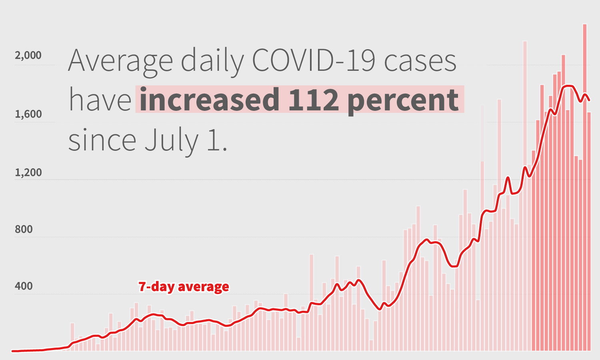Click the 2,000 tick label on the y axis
tap(28, 55)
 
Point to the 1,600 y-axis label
tap(28, 114)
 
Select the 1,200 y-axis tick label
tap(28, 172)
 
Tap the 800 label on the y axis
tap(24, 229)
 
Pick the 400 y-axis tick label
tap(24, 286)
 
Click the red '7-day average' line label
tap(184, 286)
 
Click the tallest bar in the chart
tap(584, 188)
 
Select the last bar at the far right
tap(589, 232)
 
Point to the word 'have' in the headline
tap(100, 100)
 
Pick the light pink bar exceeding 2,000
tap(525, 196)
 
